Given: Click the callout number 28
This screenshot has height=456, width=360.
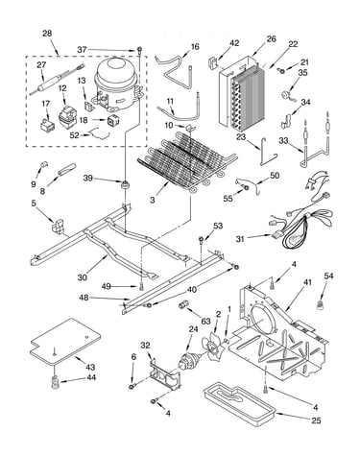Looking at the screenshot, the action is (x=47, y=34).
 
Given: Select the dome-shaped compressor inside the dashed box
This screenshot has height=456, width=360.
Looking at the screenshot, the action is (x=117, y=83).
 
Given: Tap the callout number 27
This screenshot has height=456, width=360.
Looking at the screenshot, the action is (x=41, y=65).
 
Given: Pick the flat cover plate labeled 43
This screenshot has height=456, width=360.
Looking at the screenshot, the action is (x=65, y=342).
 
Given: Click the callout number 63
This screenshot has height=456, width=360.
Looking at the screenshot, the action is (x=206, y=321).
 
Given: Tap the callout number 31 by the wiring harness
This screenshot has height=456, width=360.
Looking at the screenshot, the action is (x=241, y=239).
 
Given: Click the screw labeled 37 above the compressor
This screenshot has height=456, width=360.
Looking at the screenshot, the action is (x=139, y=50).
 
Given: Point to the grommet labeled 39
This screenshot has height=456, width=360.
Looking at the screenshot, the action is (x=124, y=184).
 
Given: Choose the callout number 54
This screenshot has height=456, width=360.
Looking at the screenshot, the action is (x=328, y=276).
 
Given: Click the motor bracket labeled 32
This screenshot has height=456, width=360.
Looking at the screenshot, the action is (x=165, y=375).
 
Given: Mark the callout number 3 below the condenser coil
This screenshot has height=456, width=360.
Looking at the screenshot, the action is (x=152, y=201).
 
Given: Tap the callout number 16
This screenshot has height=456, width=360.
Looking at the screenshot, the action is (x=195, y=47).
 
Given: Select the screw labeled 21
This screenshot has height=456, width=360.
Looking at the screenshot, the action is (x=282, y=71).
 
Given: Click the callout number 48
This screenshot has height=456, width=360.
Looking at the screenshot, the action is (x=84, y=298).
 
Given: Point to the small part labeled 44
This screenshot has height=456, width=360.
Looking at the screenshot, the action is (x=56, y=381).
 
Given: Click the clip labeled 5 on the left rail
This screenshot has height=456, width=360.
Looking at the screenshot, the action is (x=59, y=226).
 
